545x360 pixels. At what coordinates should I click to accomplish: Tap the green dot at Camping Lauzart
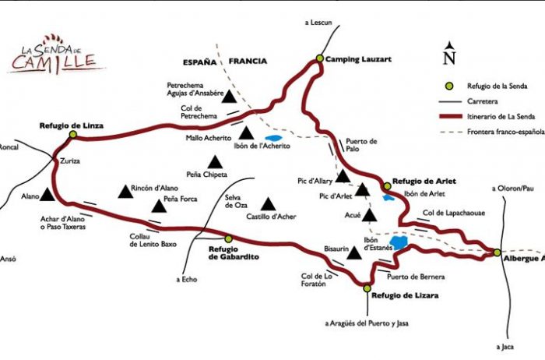(x=319, y=58)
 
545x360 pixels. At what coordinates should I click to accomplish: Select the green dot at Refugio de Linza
(x=72, y=134)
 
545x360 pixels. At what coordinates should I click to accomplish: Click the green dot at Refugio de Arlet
(x=387, y=185)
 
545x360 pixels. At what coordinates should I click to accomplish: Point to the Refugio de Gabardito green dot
(x=228, y=238)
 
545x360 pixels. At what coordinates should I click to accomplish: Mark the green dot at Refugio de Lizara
(x=367, y=288)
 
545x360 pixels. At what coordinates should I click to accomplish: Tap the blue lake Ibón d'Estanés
(x=399, y=243)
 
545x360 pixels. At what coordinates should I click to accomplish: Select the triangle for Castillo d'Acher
(x=269, y=203)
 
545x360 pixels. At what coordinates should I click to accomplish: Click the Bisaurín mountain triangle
(x=355, y=252)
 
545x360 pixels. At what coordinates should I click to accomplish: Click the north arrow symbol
(x=448, y=55)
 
